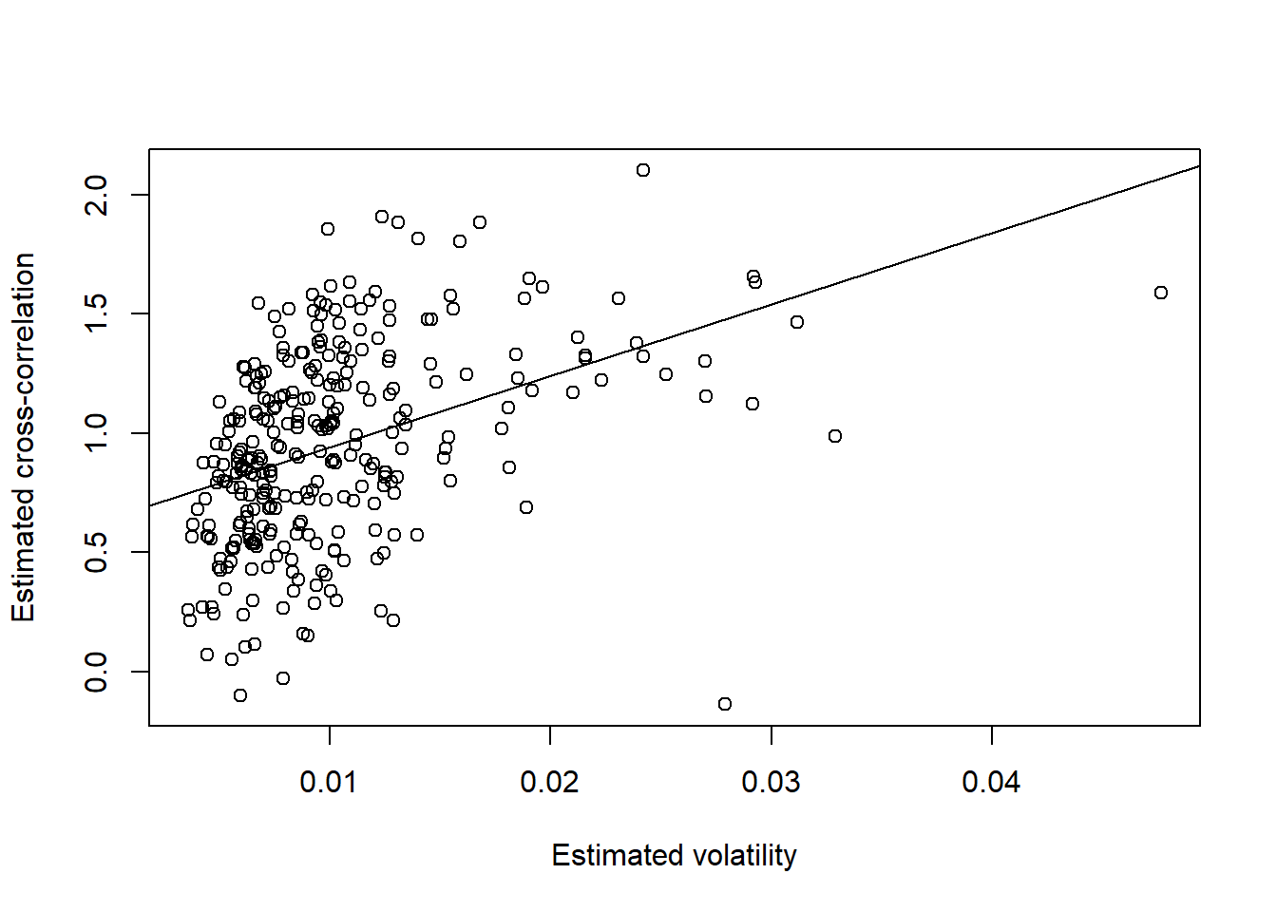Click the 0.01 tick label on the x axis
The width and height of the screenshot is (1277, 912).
[x=329, y=783]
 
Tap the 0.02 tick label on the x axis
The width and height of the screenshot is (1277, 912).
[x=549, y=783]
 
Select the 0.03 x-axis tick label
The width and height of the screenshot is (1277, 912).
[x=771, y=783]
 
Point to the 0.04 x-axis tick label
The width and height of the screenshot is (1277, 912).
[x=991, y=783]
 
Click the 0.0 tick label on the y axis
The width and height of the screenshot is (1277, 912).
[x=97, y=672]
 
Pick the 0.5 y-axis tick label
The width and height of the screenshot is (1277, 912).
[x=97, y=552]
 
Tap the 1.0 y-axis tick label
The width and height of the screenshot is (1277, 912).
[x=97, y=433]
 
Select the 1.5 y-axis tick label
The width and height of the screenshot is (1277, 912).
[x=97, y=313]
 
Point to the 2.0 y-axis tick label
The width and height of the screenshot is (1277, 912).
[x=97, y=195]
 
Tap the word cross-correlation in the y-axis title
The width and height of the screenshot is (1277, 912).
[x=24, y=375]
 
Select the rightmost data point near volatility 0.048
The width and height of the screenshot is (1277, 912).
[x=1161, y=293]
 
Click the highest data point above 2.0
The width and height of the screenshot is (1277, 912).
[x=643, y=170]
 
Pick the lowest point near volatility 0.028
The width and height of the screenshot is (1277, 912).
[x=725, y=704]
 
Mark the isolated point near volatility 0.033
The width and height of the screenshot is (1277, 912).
[x=835, y=436]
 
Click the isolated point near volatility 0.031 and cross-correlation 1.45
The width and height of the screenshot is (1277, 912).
[x=797, y=322]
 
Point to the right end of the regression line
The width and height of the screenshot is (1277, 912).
[x=1199, y=166]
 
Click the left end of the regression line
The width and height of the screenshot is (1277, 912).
[x=150, y=505]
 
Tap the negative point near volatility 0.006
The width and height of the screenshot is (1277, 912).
[x=240, y=695]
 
